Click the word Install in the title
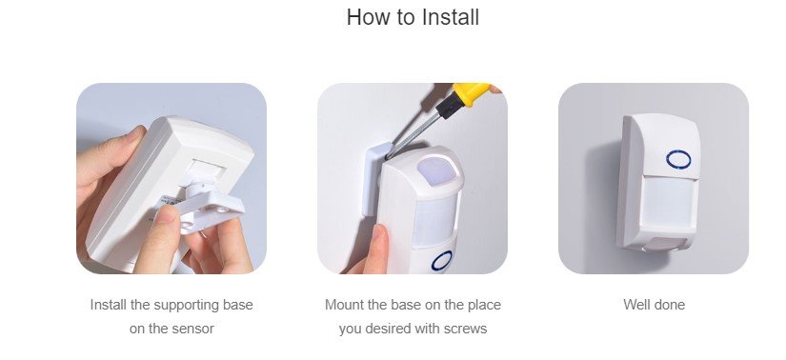click(450, 16)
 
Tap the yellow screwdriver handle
click(473, 92)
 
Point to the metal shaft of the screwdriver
click(413, 135)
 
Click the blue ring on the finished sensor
click(678, 159)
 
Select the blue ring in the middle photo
click(442, 261)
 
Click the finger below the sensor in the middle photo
click(376, 249)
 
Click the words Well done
click(654, 305)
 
